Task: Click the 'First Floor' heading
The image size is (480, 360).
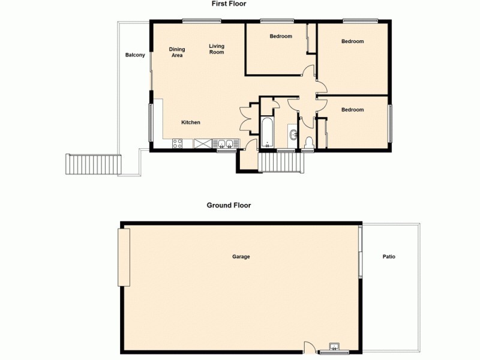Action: click(x=229, y=4)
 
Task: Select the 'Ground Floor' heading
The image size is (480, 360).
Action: click(x=229, y=205)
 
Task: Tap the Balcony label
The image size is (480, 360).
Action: click(x=135, y=55)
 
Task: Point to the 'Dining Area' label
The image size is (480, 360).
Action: click(x=176, y=52)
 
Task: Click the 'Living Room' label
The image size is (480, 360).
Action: click(x=217, y=49)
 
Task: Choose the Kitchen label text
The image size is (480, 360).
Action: click(x=191, y=122)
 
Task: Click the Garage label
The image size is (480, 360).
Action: click(x=241, y=257)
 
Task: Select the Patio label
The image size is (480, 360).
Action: click(x=389, y=257)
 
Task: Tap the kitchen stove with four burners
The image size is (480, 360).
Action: click(x=178, y=143)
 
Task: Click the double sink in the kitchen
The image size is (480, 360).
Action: click(x=226, y=143)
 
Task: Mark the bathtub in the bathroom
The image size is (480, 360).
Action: click(x=267, y=133)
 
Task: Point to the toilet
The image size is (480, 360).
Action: click(x=309, y=142)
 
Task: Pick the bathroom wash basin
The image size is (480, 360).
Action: click(x=292, y=136)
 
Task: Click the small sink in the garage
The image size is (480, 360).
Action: click(x=335, y=346)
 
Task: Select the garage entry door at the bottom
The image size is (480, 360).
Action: click(x=309, y=346)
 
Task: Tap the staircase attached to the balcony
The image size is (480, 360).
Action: click(x=94, y=164)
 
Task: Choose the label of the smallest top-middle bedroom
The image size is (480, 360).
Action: click(x=281, y=37)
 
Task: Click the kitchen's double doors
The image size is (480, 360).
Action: click(x=245, y=118)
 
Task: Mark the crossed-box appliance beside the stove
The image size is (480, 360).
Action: click(x=203, y=143)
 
